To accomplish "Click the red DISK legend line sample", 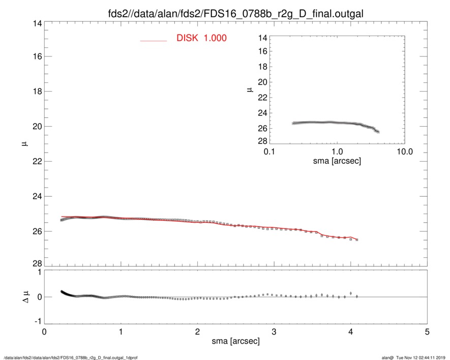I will (x=154, y=40).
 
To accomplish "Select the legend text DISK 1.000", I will (x=201, y=39).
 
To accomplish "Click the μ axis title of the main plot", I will (x=23, y=144).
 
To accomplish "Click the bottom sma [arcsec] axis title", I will (x=235, y=342).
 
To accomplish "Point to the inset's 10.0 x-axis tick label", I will (x=404, y=152).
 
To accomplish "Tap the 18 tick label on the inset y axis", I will (x=263, y=67).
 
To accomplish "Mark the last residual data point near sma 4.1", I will (x=357, y=296).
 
